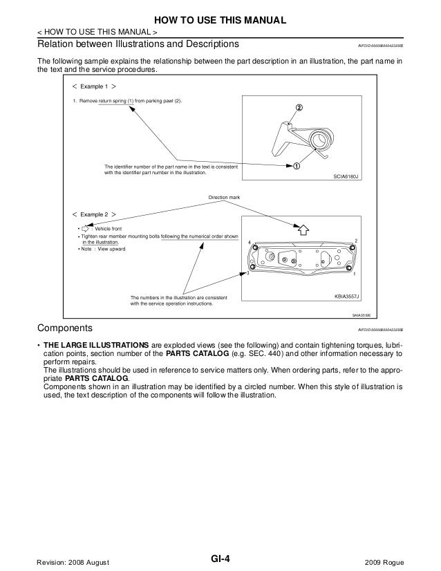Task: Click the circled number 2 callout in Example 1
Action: pos(299,108)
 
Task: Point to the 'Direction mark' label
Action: pos(224,198)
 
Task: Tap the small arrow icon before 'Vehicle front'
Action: pos(86,228)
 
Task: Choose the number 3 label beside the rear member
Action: pos(247,274)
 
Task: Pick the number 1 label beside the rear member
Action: pos(355,274)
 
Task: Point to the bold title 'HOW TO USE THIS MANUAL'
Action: pos(220,18)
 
